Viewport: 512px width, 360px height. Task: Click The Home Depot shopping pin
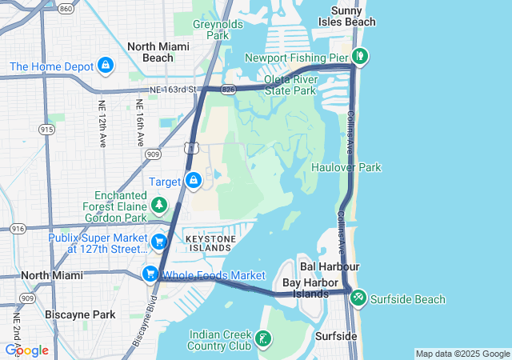pyautogui.click(x=106, y=65)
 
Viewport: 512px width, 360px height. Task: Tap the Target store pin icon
pyautogui.click(x=193, y=181)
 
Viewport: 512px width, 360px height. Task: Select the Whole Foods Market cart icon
pyautogui.click(x=150, y=274)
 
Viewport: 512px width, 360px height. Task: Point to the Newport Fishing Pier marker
pyautogui.click(x=360, y=57)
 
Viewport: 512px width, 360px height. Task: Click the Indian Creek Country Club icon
pyautogui.click(x=262, y=340)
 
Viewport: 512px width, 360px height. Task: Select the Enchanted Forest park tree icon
pyautogui.click(x=159, y=206)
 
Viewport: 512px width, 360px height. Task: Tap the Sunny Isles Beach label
pyautogui.click(x=353, y=16)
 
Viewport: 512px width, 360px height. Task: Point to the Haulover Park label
pyautogui.click(x=346, y=167)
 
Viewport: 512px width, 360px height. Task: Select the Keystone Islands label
pyautogui.click(x=210, y=243)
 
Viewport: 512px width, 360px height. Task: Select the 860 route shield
pyautogui.click(x=66, y=8)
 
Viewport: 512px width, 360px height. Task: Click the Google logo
pyautogui.click(x=26, y=350)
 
